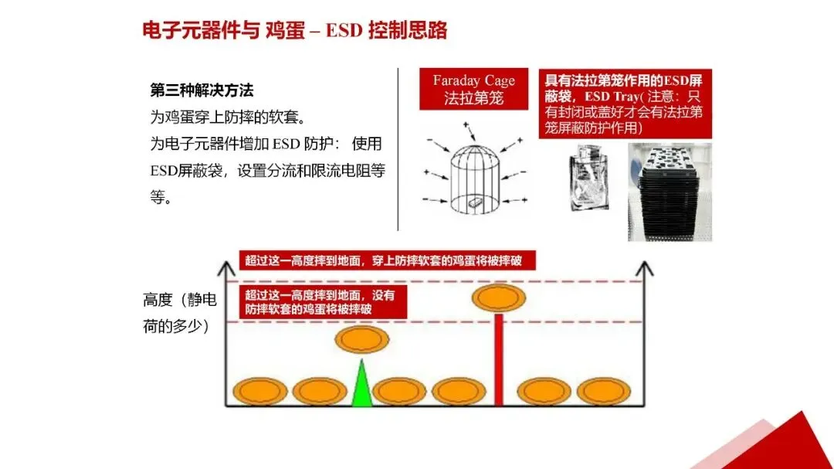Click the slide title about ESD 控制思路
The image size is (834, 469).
294,30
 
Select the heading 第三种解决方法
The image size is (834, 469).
202,90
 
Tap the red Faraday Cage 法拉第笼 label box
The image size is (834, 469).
473,89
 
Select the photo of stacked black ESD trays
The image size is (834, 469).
669,190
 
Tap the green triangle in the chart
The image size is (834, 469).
361,385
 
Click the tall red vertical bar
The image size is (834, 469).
499,359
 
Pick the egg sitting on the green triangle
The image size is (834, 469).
362,339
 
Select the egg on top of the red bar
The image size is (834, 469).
499,297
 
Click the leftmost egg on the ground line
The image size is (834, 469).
260,392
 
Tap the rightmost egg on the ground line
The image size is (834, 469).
604,392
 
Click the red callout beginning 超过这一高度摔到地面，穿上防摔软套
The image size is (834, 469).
383,260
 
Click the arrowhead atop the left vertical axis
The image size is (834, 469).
225,267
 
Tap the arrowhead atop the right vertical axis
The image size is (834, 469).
642,267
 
